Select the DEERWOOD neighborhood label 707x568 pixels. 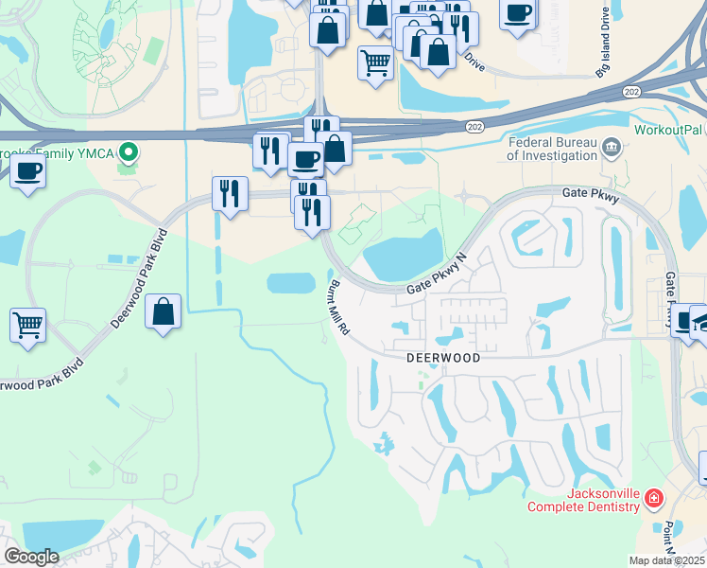(442, 359)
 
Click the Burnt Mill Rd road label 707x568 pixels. (339, 307)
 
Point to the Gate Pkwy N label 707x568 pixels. (438, 274)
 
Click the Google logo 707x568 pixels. (31, 557)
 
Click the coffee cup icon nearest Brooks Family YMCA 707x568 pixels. (28, 171)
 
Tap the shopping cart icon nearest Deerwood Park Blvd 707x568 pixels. (28, 325)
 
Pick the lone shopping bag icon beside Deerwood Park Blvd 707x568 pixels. (164, 311)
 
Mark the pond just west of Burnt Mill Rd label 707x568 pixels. (291, 283)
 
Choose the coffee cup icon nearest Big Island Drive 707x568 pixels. (518, 14)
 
